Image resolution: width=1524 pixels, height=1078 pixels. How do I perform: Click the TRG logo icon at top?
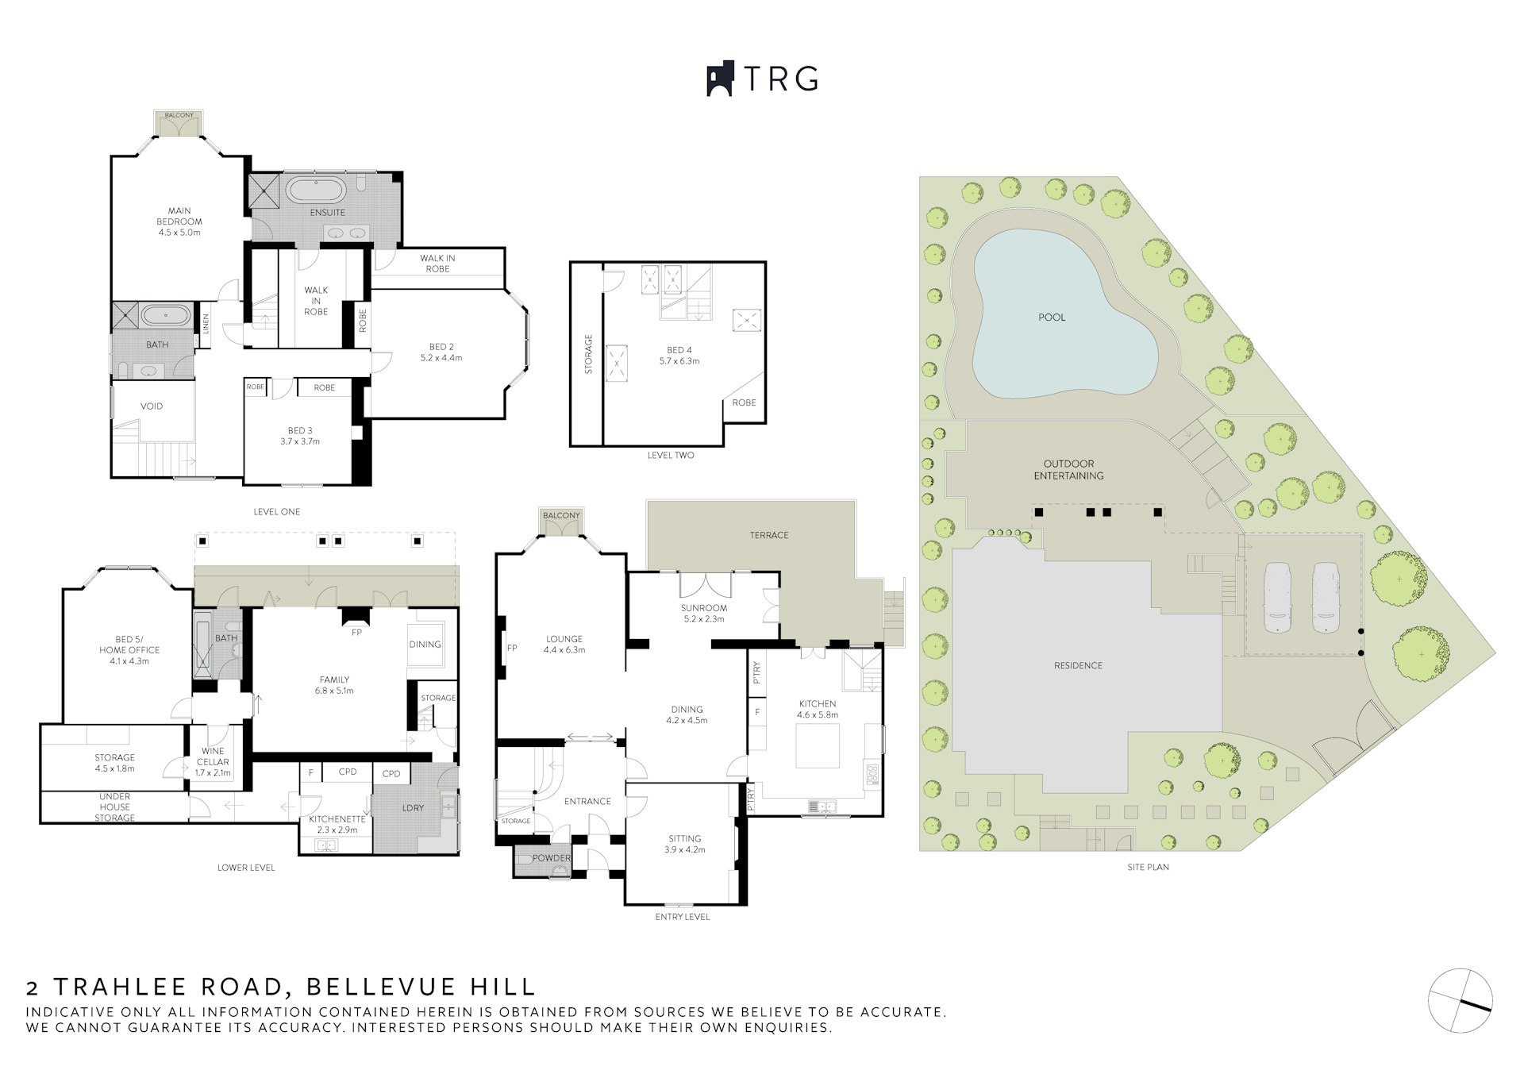tap(720, 79)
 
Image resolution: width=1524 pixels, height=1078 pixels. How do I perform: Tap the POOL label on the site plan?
tap(1052, 318)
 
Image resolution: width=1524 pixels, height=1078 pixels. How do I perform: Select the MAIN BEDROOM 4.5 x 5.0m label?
tap(179, 221)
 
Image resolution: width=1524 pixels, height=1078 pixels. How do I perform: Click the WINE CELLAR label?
tap(213, 761)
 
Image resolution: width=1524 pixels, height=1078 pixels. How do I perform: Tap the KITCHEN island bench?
tap(818, 745)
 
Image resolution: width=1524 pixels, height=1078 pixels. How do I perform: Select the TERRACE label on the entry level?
tap(768, 535)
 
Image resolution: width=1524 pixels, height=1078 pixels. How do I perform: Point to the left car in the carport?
tap(1278, 598)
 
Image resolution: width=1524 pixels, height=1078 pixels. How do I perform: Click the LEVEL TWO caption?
tap(670, 456)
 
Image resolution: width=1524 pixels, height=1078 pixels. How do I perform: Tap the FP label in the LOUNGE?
tap(512, 649)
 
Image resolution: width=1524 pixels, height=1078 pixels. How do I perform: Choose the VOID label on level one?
tap(152, 406)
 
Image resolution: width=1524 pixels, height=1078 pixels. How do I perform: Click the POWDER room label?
tap(551, 858)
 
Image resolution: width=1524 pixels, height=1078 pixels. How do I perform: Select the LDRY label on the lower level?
tap(413, 808)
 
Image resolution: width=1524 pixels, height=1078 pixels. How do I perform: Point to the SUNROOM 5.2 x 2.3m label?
tap(703, 613)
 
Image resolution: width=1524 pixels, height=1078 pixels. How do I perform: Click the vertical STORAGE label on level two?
tap(588, 354)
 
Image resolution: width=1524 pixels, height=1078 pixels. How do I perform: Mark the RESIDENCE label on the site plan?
tap(1078, 665)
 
